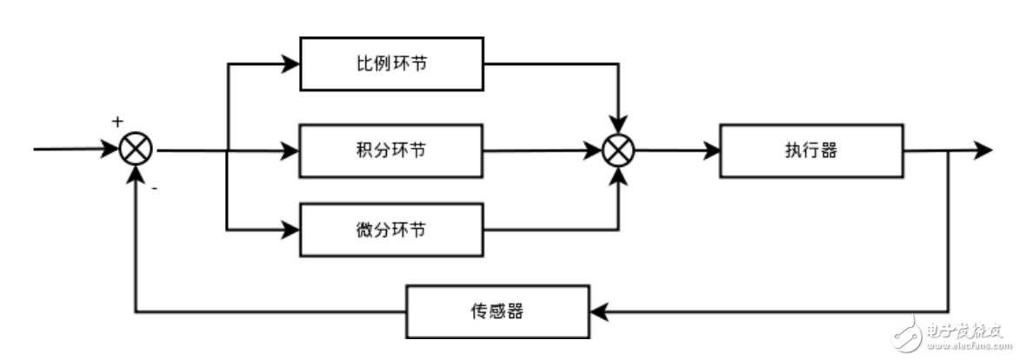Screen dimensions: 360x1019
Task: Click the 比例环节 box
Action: (x=391, y=63)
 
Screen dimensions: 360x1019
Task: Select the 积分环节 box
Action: (x=391, y=150)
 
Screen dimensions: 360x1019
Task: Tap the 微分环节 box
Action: (x=391, y=230)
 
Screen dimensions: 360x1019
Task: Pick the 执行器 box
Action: (x=811, y=150)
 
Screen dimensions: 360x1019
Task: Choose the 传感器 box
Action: (x=497, y=311)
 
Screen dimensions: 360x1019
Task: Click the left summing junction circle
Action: (x=135, y=150)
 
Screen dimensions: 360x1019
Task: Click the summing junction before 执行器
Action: (x=619, y=150)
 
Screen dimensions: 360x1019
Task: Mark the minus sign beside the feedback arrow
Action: (x=154, y=185)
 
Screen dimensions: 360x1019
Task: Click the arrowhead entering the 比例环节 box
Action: (x=292, y=63)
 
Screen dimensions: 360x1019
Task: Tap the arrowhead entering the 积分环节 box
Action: (x=292, y=150)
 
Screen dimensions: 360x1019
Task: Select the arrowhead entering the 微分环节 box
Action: (x=292, y=230)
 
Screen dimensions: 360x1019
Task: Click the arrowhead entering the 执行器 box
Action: (x=712, y=150)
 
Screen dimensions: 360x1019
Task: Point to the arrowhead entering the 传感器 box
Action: (x=597, y=311)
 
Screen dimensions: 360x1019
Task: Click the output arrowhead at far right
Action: (x=983, y=150)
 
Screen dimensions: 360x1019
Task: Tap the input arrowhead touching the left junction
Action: (x=110, y=150)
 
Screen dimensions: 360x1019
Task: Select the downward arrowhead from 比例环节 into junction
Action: (x=619, y=126)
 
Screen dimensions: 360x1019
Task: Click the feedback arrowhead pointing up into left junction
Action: (x=135, y=174)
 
